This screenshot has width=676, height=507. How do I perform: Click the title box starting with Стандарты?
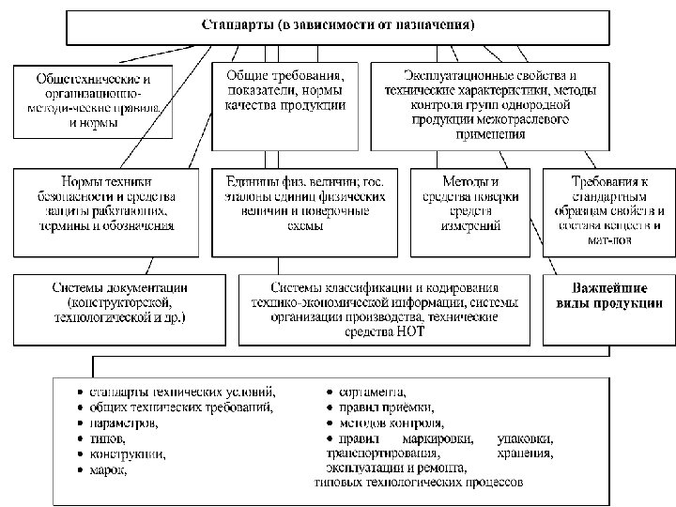(338, 25)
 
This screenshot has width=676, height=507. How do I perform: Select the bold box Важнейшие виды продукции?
(604, 296)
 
